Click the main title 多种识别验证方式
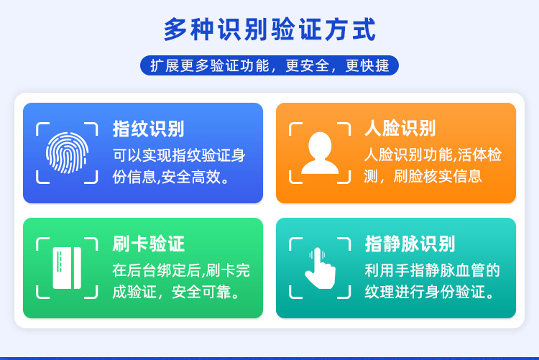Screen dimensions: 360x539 pyautogui.click(x=269, y=30)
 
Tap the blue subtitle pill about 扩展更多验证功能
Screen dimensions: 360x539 pyautogui.click(x=269, y=65)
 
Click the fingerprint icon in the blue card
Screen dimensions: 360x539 pyautogui.click(x=67, y=152)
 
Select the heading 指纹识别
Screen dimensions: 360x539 pyautogui.click(x=148, y=129)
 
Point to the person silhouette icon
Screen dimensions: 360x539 pyautogui.click(x=320, y=152)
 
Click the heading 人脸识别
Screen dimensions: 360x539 pyautogui.click(x=400, y=129)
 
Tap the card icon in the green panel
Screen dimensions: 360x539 pyautogui.click(x=67, y=267)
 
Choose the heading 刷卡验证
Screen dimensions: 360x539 pyautogui.click(x=148, y=244)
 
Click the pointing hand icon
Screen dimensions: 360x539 pyautogui.click(x=320, y=267)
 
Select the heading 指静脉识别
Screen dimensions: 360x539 pyautogui.click(x=410, y=244)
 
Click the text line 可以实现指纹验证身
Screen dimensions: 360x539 pyautogui.click(x=179, y=154)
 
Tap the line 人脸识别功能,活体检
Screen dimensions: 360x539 pyautogui.click(x=433, y=154)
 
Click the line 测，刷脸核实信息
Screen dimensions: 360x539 pyautogui.click(x=423, y=176)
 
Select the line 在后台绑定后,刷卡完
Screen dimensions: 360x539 pyautogui.click(x=181, y=271)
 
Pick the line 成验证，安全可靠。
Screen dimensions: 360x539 pyautogui.click(x=176, y=292)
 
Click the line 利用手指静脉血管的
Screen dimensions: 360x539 pyautogui.click(x=432, y=271)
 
